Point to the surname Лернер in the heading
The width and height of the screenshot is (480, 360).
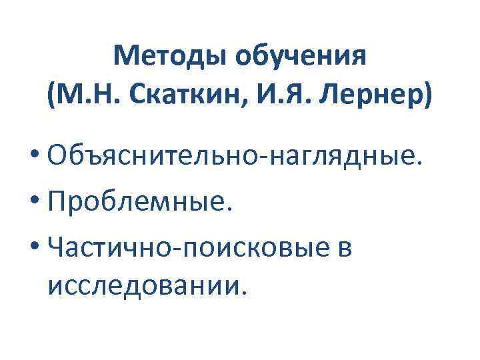(369, 99)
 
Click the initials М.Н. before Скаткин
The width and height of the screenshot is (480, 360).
(89, 99)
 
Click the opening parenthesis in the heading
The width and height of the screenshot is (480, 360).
(53, 99)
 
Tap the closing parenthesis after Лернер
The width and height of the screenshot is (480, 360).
(426, 99)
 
